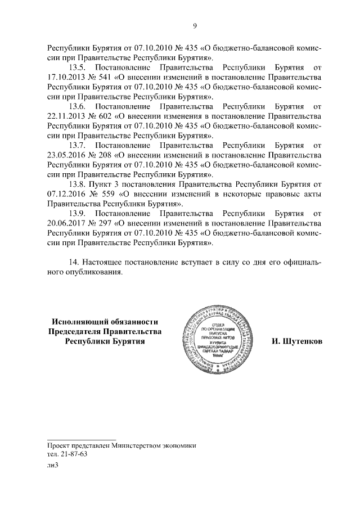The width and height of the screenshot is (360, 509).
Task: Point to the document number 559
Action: click(105, 193)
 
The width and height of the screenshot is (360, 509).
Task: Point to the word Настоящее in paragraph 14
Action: click(102, 262)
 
